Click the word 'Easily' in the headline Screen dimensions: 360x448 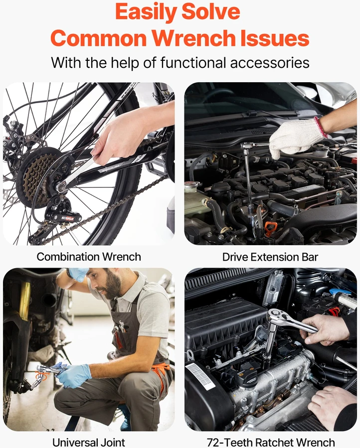145,12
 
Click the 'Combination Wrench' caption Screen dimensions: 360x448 89,257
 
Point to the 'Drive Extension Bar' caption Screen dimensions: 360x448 270,257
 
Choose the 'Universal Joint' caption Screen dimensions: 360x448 89,443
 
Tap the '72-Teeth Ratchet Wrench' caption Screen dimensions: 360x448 271,443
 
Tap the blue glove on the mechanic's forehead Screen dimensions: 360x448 78,274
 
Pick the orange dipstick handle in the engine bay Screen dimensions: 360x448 269,228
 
